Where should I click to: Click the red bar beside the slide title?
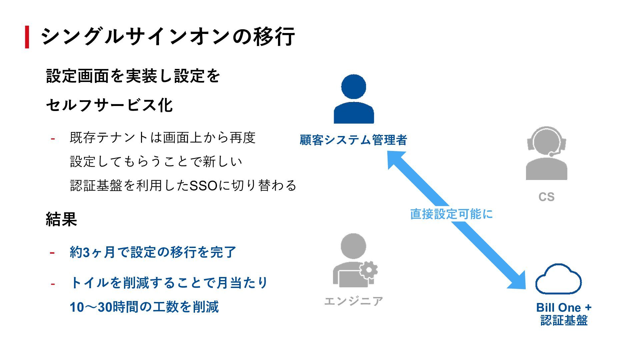(x=27, y=37)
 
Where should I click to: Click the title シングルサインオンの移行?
(x=167, y=36)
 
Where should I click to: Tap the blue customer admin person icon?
(x=354, y=99)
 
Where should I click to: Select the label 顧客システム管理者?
(x=353, y=140)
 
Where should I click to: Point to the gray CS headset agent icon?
(x=546, y=154)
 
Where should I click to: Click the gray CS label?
(x=546, y=197)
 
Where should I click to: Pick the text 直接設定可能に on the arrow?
(x=451, y=214)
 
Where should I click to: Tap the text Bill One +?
(x=564, y=307)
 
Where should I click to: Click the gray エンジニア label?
(x=354, y=301)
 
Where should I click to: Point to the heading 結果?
(x=61, y=219)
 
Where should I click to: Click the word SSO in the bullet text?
(x=203, y=186)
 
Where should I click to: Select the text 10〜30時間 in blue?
(x=91, y=307)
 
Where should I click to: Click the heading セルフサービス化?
(x=109, y=105)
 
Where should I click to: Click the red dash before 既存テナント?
(x=53, y=138)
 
